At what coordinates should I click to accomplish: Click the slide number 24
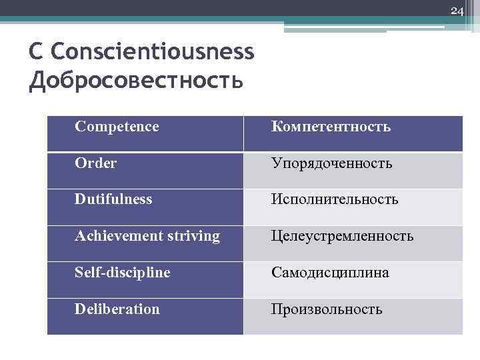(x=457, y=11)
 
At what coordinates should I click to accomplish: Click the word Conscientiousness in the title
(x=152, y=51)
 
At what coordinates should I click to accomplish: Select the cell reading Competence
(x=117, y=126)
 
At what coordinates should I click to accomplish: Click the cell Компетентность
(x=331, y=127)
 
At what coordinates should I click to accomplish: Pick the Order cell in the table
(x=96, y=163)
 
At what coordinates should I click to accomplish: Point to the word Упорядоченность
(x=331, y=163)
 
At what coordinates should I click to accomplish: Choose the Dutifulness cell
(x=113, y=199)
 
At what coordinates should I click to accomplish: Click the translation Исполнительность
(x=334, y=199)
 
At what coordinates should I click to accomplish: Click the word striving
(x=193, y=236)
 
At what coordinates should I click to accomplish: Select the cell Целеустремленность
(x=342, y=236)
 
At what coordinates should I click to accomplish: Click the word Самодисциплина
(x=329, y=273)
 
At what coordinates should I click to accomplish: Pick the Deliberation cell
(x=117, y=309)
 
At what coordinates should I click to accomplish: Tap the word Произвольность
(x=326, y=309)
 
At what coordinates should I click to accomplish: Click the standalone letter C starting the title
(x=37, y=51)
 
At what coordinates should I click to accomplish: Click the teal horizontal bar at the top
(x=200, y=20)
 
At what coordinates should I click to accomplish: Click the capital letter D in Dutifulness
(x=80, y=199)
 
